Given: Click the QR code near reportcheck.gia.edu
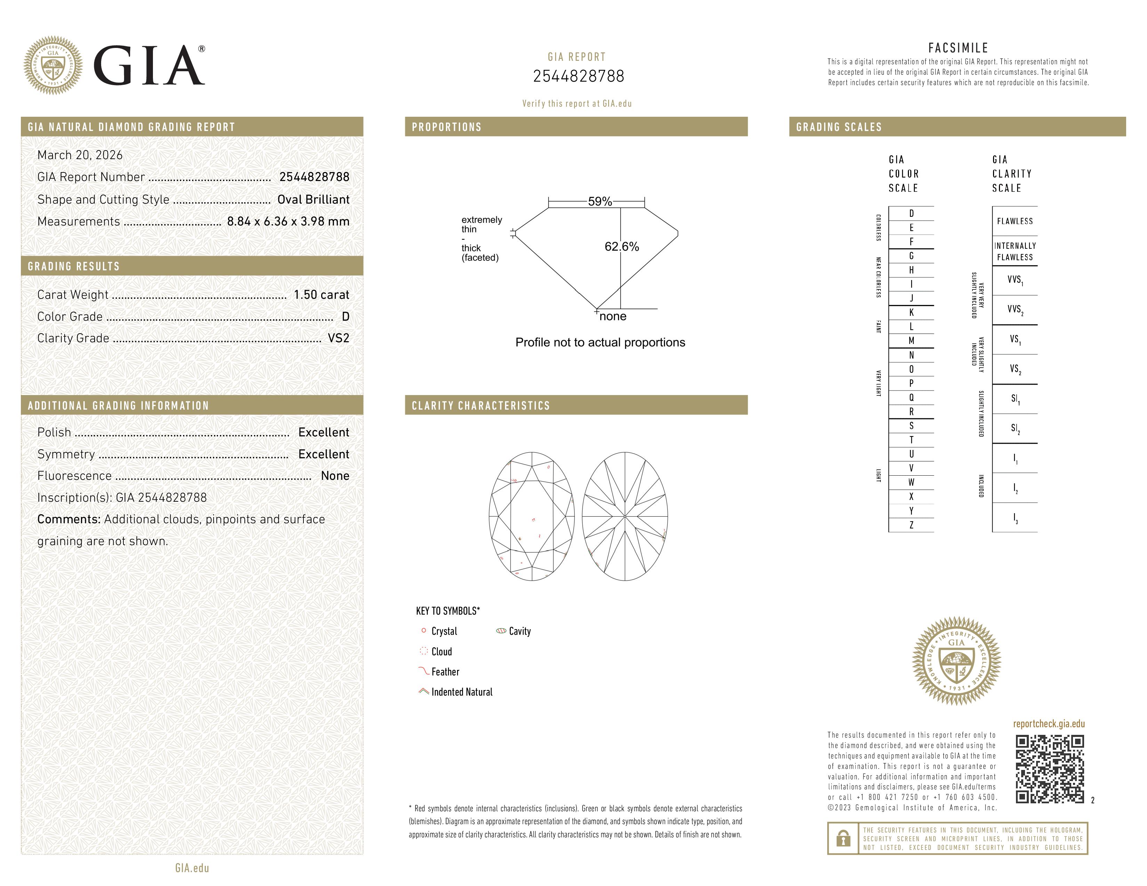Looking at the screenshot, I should pos(1049,769).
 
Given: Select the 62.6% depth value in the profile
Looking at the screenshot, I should pos(622,247).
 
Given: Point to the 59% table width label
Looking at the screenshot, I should pos(600,202).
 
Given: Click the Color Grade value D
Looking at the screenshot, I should pos(345,317).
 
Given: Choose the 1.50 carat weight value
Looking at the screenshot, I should pos(321,295).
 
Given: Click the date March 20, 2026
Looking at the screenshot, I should pos(80,155).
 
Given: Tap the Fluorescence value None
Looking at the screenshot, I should pos(335,476).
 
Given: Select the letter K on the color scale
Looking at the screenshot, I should pos(911,312).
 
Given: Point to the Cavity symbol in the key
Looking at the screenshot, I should pos(501,631).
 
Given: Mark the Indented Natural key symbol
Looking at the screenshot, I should pos(424,691).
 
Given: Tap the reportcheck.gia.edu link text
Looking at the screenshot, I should pos(1049,724).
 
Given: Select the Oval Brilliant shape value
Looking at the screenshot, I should pos(313,199).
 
